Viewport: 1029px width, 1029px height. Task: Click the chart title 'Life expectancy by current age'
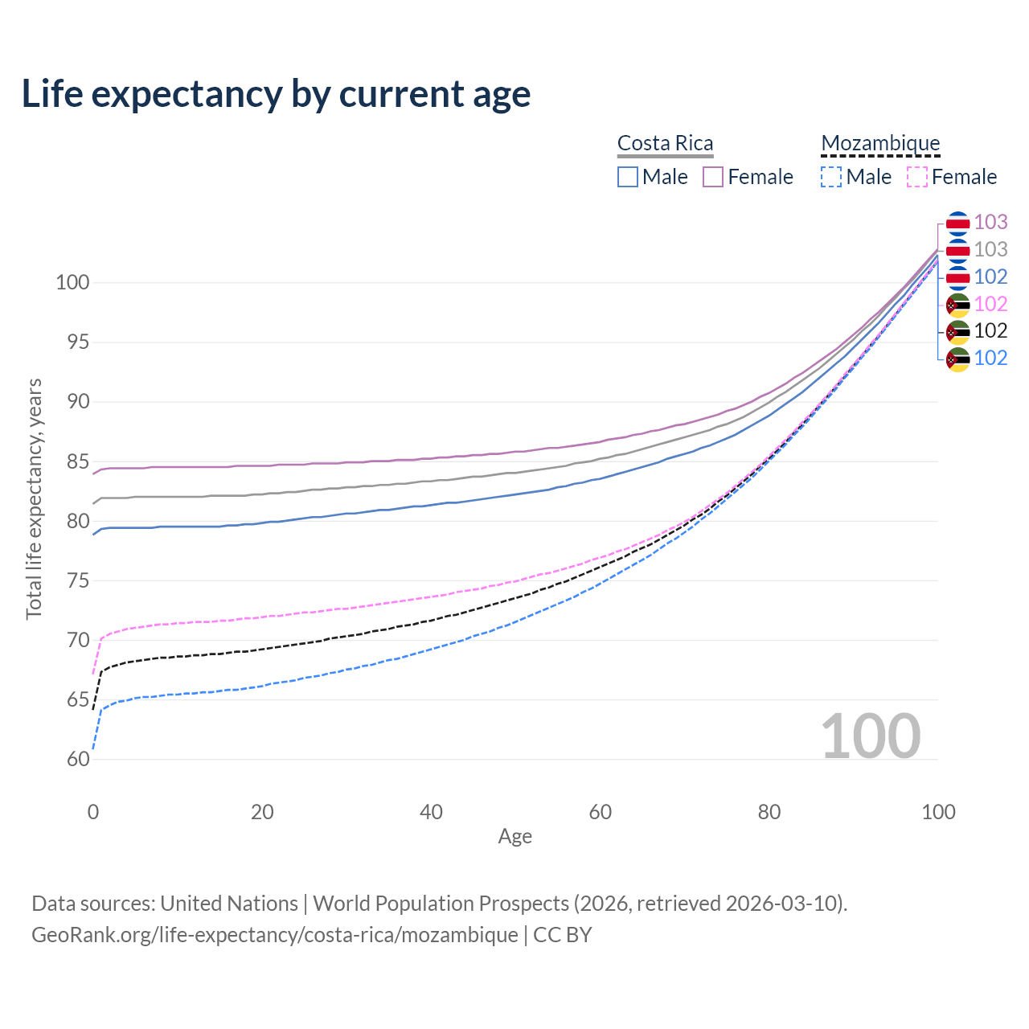[276, 94]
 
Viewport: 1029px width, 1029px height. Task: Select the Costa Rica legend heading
[665, 143]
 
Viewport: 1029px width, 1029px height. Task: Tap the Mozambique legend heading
[880, 143]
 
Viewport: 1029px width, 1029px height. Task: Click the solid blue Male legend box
[628, 177]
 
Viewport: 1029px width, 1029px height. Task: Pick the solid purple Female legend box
[713, 177]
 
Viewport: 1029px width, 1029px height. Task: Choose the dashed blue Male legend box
[831, 177]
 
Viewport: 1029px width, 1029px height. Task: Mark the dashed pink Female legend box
[917, 177]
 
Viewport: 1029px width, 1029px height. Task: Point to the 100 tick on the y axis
[72, 282]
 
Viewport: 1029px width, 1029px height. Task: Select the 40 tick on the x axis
[432, 812]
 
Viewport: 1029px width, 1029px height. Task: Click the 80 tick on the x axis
[769, 812]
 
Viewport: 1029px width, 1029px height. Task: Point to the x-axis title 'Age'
[515, 837]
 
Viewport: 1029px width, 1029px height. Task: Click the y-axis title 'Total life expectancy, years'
[34, 499]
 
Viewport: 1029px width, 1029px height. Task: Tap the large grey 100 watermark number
[871, 736]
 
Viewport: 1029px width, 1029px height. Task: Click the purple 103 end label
[990, 222]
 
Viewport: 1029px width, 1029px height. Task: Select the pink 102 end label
[990, 304]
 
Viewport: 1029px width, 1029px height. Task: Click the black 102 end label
[990, 330]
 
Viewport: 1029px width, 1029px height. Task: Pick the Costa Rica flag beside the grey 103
[957, 250]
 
